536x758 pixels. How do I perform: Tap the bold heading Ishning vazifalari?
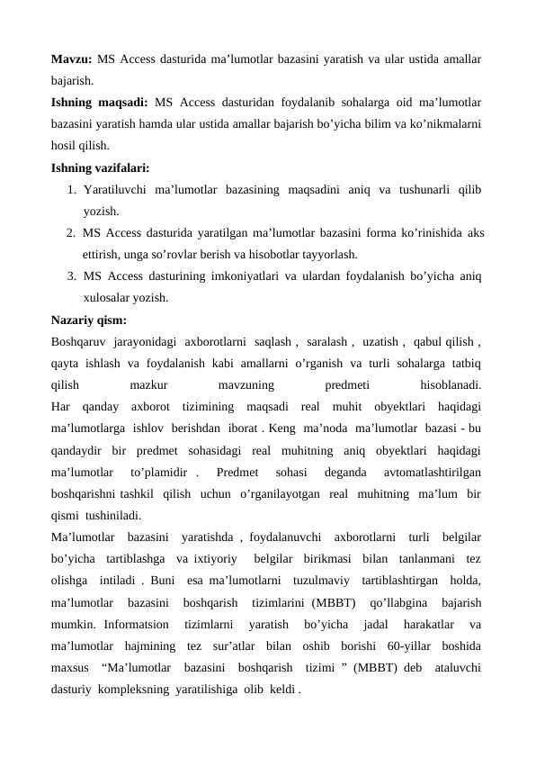click(101, 167)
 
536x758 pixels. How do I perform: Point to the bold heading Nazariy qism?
click(88, 319)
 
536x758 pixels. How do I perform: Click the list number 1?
click(71, 190)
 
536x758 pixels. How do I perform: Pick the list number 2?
click(71, 233)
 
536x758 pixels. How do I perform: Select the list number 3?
click(71, 276)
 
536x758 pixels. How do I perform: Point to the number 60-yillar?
click(409, 645)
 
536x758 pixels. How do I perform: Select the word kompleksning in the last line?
click(122, 690)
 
